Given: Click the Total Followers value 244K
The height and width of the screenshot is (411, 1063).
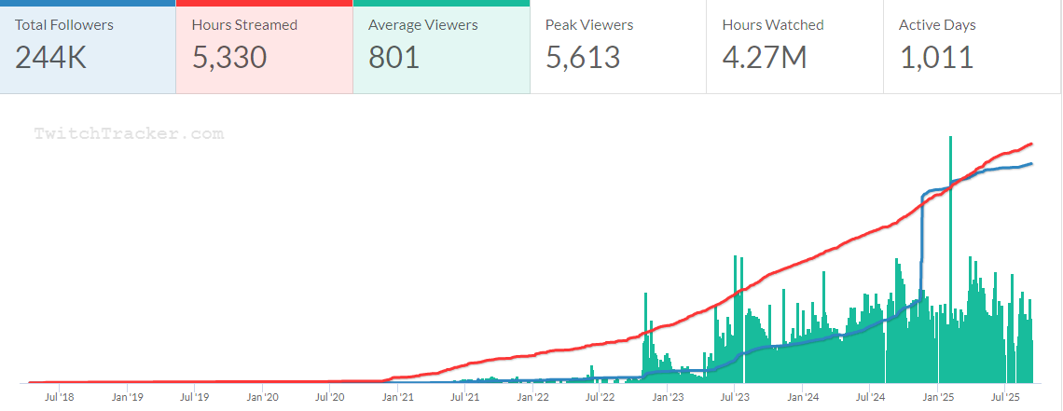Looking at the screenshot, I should tap(50, 58).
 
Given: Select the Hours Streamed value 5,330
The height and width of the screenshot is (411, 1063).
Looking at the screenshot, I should tap(229, 58).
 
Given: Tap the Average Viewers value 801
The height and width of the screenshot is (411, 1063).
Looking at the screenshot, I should tap(394, 58).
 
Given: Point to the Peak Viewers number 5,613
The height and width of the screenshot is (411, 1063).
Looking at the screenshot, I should tap(583, 58).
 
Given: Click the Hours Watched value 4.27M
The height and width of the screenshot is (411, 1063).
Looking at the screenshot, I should tap(764, 58).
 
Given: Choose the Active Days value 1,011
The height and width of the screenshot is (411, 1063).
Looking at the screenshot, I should tap(936, 58).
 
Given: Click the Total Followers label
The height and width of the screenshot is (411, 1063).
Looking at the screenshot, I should tap(63, 25).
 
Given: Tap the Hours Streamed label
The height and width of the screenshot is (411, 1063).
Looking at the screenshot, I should tap(244, 25).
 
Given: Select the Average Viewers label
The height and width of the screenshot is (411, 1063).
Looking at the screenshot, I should tap(423, 25).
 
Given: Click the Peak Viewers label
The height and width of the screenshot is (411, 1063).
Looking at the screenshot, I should tap(590, 25).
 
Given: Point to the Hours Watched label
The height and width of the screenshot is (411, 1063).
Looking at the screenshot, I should tap(773, 25).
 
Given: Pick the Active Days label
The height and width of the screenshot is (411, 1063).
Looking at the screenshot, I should tap(937, 25).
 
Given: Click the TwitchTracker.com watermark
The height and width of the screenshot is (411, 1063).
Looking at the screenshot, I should tap(129, 133).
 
